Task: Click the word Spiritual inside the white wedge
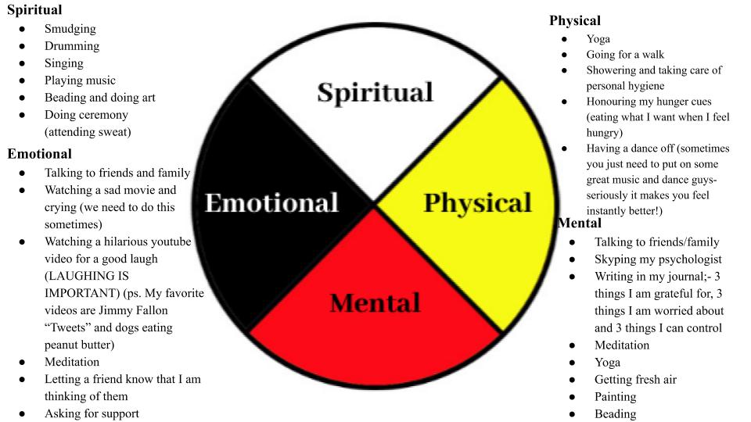(x=375, y=92)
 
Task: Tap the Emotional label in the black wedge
(x=271, y=202)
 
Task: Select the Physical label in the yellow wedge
(x=477, y=203)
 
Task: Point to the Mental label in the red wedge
(x=375, y=303)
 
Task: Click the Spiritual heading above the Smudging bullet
(x=34, y=10)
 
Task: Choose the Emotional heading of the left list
(x=39, y=154)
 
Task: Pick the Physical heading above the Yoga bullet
(x=575, y=20)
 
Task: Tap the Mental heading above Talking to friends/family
(x=580, y=223)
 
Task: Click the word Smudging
(x=70, y=29)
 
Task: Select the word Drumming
(x=72, y=46)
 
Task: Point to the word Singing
(x=63, y=63)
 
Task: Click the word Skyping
(x=616, y=259)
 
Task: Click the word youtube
(x=169, y=241)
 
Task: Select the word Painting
(x=616, y=397)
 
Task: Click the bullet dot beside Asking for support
(x=23, y=414)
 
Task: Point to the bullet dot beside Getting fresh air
(x=573, y=381)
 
